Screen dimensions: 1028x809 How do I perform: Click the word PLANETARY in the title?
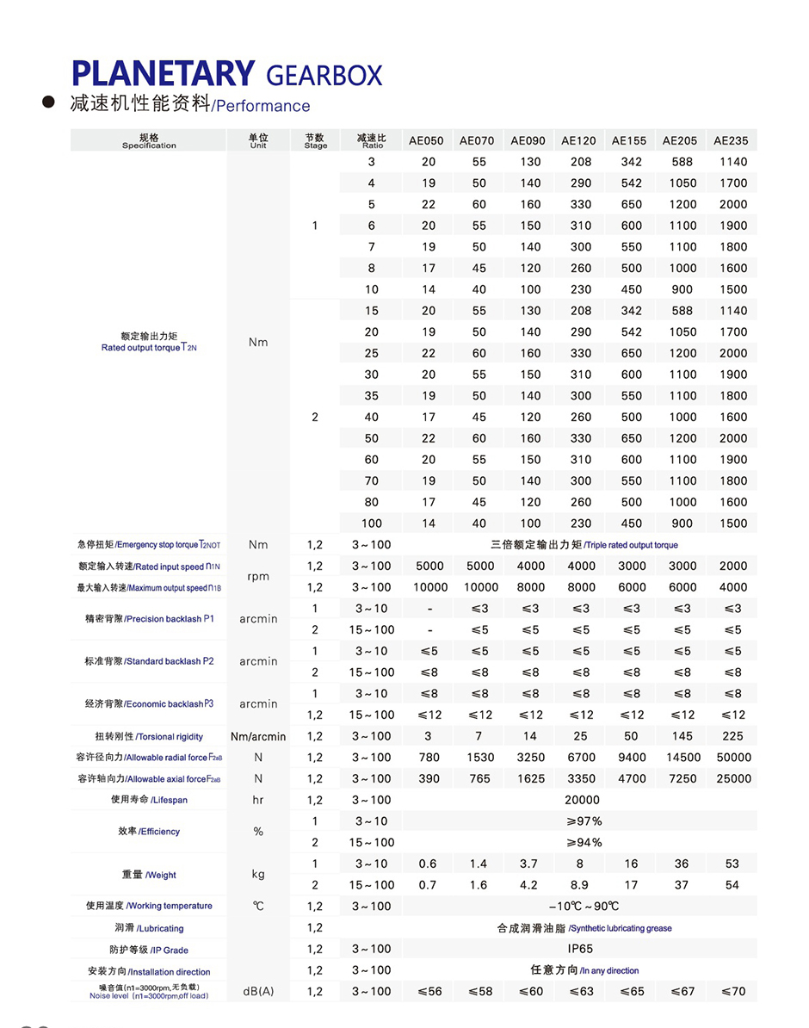tap(163, 73)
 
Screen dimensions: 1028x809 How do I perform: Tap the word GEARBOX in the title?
tap(324, 76)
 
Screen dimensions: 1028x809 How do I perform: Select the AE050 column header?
tap(426, 140)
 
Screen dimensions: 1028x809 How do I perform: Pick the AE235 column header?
tap(731, 140)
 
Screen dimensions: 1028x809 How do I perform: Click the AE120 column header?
tap(578, 140)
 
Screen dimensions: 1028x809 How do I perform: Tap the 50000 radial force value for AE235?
tap(733, 758)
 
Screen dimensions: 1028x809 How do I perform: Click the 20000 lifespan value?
tap(582, 800)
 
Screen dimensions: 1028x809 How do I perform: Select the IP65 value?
tap(580, 949)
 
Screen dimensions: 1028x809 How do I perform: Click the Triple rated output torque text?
tap(631, 545)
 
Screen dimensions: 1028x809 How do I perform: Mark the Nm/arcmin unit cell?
tap(258, 736)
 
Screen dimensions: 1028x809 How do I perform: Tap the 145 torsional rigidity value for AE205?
tap(682, 736)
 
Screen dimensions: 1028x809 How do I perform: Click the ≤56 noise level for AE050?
tap(429, 992)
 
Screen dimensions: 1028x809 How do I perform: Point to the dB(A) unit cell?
tap(258, 992)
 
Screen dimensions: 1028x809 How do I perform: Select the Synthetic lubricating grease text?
tap(621, 928)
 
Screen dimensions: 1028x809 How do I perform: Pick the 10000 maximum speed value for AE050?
tap(430, 587)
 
